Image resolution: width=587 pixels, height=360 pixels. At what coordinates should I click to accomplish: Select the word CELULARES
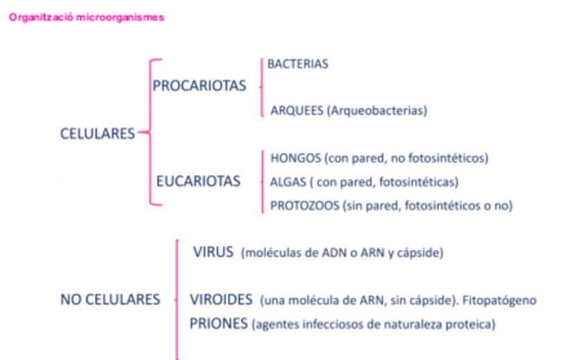coord(97,134)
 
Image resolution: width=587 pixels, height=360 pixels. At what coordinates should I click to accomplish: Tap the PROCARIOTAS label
coord(199,87)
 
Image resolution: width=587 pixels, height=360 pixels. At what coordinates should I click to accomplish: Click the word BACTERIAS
coord(298,64)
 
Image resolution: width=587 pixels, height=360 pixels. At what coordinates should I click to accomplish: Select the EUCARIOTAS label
coord(198,181)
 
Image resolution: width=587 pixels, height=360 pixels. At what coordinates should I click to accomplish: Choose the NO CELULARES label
coord(110,300)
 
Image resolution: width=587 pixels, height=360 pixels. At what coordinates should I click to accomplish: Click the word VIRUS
coord(214,252)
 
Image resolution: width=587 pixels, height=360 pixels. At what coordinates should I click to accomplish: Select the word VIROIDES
coord(222,300)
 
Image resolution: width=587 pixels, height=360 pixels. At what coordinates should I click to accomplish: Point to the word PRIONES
coord(219,323)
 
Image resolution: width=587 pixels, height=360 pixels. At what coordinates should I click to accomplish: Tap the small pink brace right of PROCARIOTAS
coord(261,87)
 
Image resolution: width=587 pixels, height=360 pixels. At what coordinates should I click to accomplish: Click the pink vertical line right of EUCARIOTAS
coord(261,181)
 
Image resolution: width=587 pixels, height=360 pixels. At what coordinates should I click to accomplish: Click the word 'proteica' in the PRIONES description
coord(474,324)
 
